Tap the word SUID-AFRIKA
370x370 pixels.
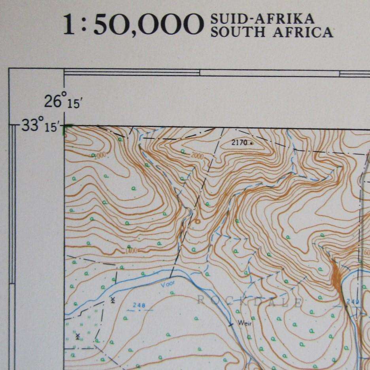pos(263,18)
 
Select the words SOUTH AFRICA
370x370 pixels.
pos(272,32)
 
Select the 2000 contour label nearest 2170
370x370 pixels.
pos(196,156)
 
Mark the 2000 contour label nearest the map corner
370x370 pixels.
pos(100,155)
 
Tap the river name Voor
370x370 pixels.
pos(168,283)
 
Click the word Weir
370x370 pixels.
pos(244,323)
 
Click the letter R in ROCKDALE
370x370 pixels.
pos(200,300)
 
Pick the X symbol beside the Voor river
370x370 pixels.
pos(113,300)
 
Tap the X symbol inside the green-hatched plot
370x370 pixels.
pos(78,336)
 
